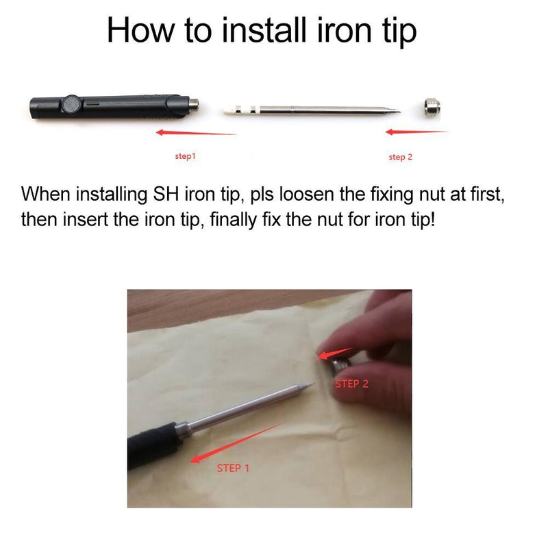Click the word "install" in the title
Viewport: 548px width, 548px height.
point(264,30)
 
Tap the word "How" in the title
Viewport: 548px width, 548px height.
point(140,30)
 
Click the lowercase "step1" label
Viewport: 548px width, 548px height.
point(185,156)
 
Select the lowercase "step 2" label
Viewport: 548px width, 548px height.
point(401,157)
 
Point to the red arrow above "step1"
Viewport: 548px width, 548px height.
point(196,133)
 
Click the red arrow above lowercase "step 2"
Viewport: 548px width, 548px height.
point(416,132)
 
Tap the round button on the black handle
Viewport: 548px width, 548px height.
point(71,105)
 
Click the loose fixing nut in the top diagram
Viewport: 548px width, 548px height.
point(432,108)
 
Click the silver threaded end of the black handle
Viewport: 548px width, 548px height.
point(194,104)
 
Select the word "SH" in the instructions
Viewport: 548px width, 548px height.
point(166,194)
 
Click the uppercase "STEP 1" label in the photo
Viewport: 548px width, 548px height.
point(233,468)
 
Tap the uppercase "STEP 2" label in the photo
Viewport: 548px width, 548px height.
point(351,384)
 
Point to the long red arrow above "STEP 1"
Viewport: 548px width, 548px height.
point(236,443)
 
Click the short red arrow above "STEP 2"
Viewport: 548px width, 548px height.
point(335,353)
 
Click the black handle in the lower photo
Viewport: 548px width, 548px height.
point(153,445)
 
